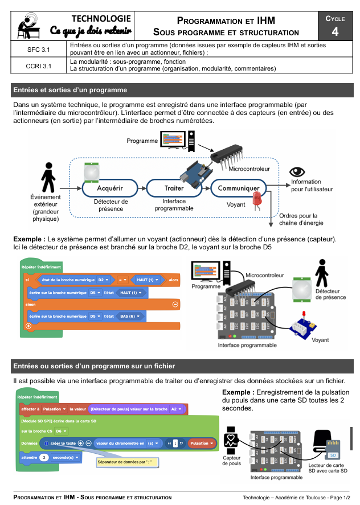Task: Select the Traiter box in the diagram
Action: tap(174, 187)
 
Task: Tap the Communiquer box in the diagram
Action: tap(239, 188)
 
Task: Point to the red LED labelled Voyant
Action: tap(257, 199)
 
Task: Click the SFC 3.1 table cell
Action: tap(38, 50)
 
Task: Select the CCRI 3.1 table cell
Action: tap(38, 65)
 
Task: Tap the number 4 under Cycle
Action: tap(335, 31)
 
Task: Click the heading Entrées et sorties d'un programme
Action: tap(70, 90)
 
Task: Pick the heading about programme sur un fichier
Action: tap(94, 366)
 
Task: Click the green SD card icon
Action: tap(333, 454)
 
